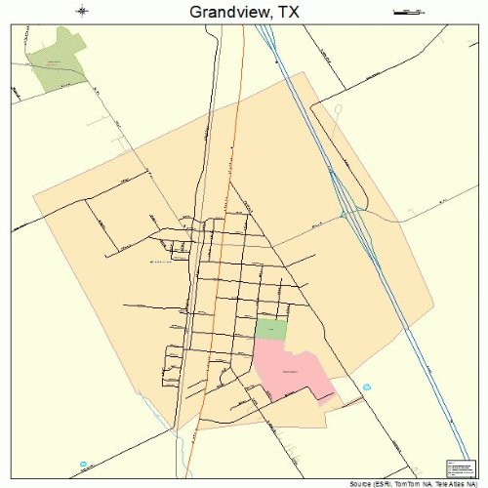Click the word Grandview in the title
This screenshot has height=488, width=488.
pos(217,13)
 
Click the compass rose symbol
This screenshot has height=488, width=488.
pos(81,12)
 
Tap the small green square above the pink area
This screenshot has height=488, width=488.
pos(271,329)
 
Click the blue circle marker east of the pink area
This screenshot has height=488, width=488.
pos(367,387)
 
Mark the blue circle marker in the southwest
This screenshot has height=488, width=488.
pos(84,464)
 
